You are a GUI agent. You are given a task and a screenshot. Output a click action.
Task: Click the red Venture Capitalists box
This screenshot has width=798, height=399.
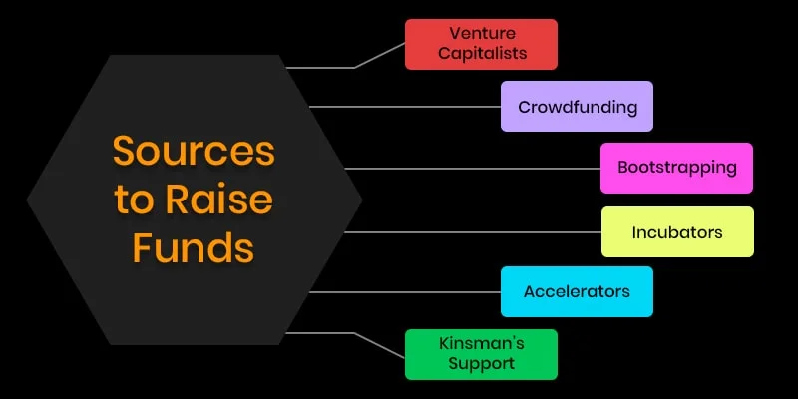pyautogui.click(x=481, y=44)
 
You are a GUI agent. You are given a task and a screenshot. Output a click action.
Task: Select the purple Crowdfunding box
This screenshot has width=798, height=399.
pyautogui.click(x=577, y=107)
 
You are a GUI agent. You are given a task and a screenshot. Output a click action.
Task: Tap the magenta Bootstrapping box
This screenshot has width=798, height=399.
pyautogui.click(x=676, y=168)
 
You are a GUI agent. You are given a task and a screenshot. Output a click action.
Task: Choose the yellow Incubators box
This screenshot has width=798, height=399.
pyautogui.click(x=676, y=232)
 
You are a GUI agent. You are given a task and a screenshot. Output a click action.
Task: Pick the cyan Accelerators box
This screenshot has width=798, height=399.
pyautogui.click(x=577, y=292)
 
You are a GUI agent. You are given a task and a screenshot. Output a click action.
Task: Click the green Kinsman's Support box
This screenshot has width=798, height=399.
pyautogui.click(x=481, y=354)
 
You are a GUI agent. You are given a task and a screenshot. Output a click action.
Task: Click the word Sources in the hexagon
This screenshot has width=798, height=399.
pyautogui.click(x=193, y=152)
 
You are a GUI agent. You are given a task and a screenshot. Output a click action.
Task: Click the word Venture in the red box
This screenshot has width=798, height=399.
pyautogui.click(x=481, y=34)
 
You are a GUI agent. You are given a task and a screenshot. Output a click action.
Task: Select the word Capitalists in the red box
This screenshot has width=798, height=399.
pyautogui.click(x=481, y=54)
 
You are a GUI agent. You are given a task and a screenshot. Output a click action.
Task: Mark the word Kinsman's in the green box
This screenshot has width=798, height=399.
pyautogui.click(x=481, y=344)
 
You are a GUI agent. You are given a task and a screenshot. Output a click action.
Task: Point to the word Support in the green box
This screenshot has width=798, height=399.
pyautogui.click(x=481, y=364)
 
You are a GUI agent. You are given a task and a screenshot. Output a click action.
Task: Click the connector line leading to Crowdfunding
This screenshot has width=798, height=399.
pyautogui.click(x=404, y=106)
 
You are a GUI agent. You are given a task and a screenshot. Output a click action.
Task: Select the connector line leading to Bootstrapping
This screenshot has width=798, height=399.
pyautogui.click(x=469, y=168)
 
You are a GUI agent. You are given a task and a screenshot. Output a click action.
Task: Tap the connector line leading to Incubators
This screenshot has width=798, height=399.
pyautogui.click(x=469, y=232)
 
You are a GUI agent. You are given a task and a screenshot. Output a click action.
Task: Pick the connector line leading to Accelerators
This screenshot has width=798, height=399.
pyautogui.click(x=404, y=292)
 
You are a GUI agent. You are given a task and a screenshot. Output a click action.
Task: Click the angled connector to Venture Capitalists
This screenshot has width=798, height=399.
pyautogui.click(x=379, y=55)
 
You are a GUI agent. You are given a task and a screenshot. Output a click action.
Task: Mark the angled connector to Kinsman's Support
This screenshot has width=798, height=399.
pyautogui.click(x=379, y=343)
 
